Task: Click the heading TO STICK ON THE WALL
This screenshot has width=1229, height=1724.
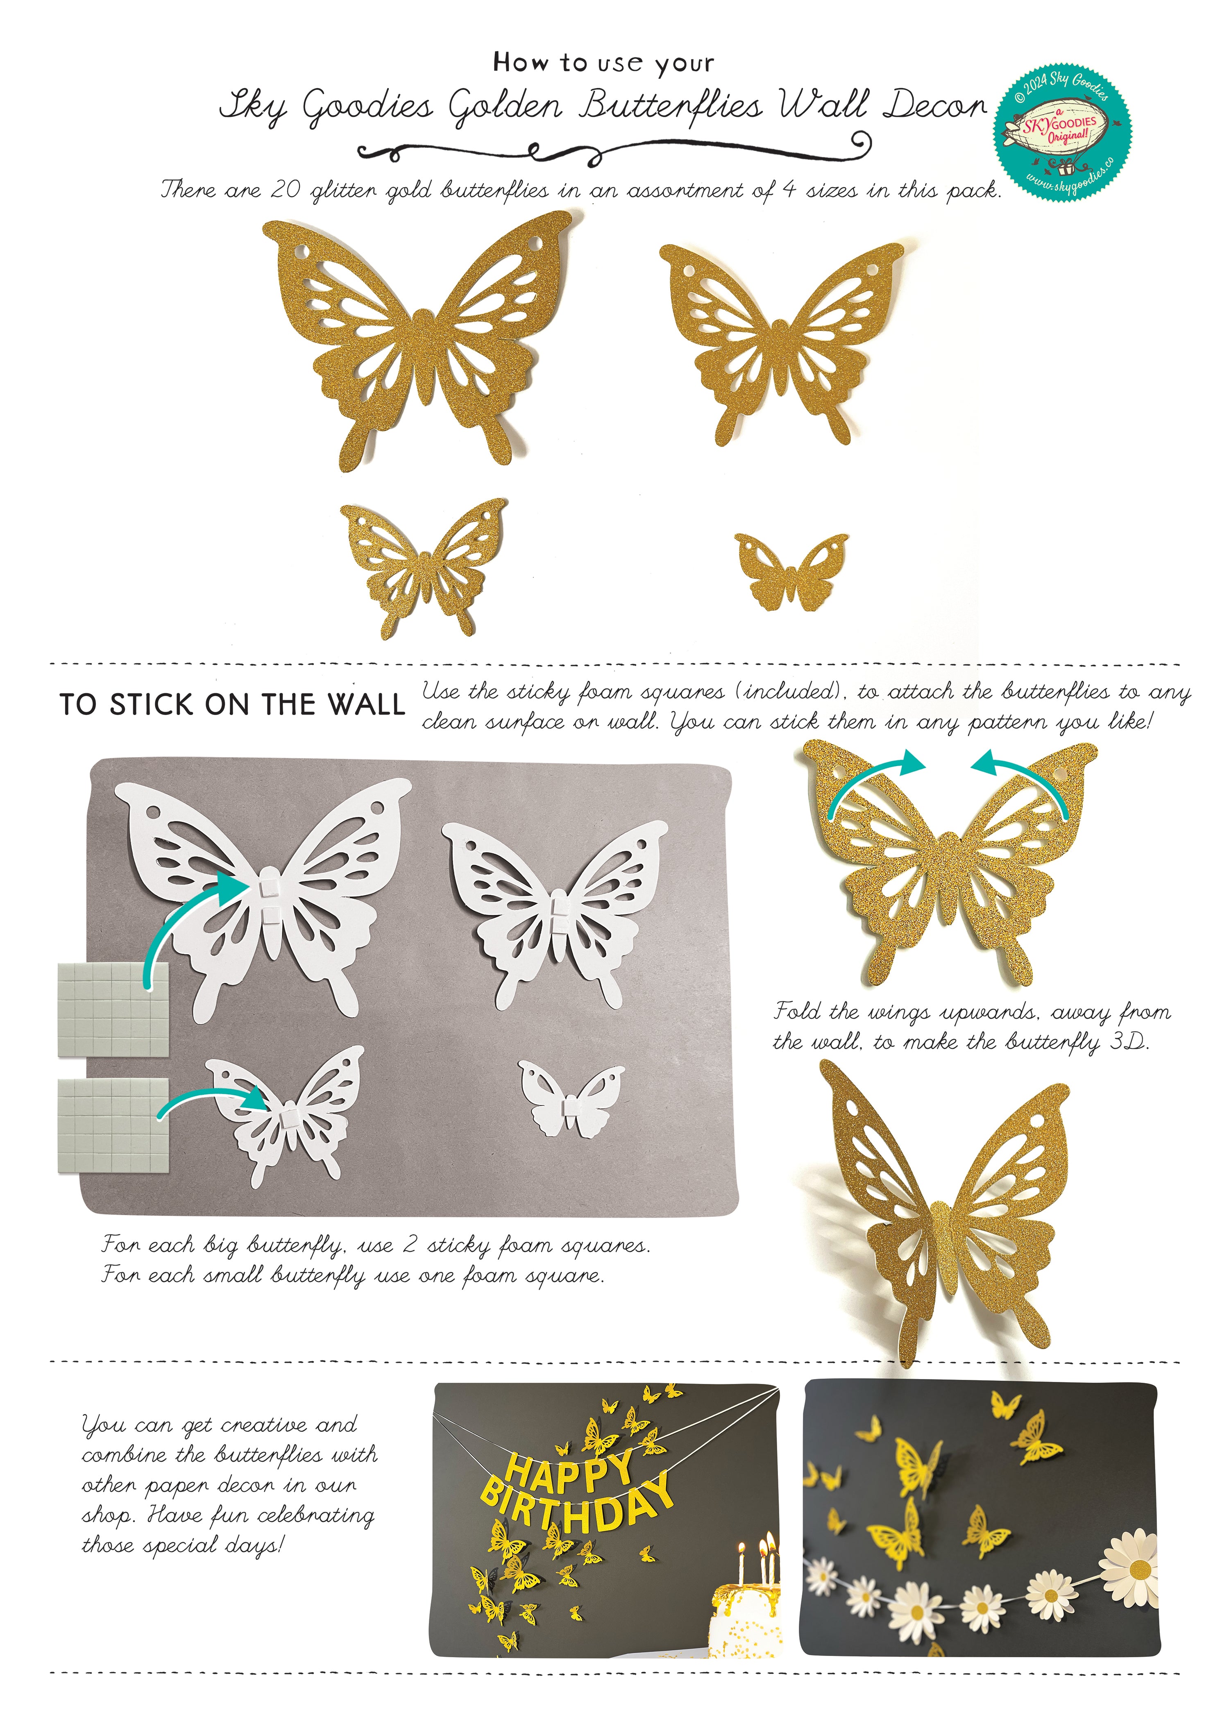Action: [x=232, y=705]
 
